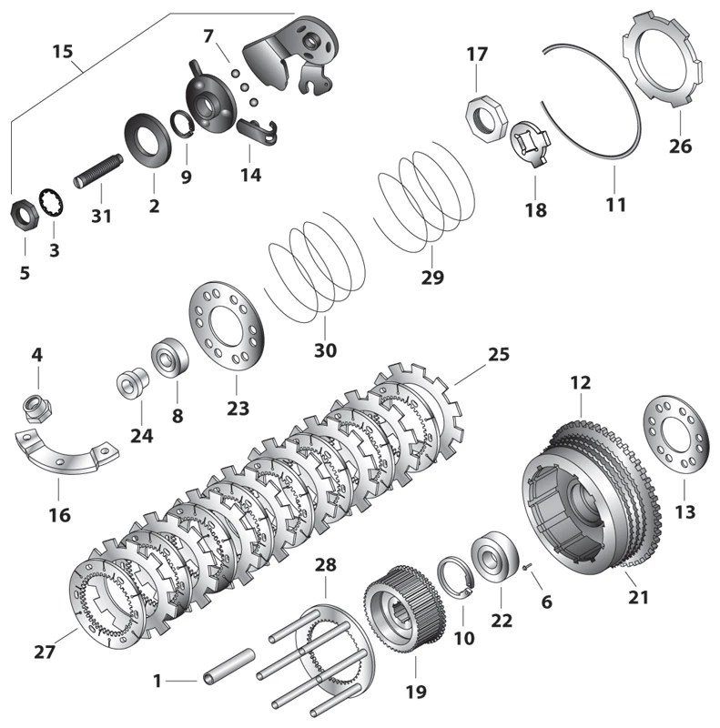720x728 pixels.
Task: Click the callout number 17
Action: pyautogui.click(x=477, y=55)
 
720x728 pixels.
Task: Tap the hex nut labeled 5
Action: pyautogui.click(x=25, y=215)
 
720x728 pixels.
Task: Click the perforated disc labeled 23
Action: pyautogui.click(x=225, y=327)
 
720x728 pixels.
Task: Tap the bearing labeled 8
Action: pyautogui.click(x=169, y=357)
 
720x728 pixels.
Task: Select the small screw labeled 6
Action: pyautogui.click(x=528, y=566)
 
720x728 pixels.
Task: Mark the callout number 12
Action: pyautogui.click(x=581, y=384)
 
